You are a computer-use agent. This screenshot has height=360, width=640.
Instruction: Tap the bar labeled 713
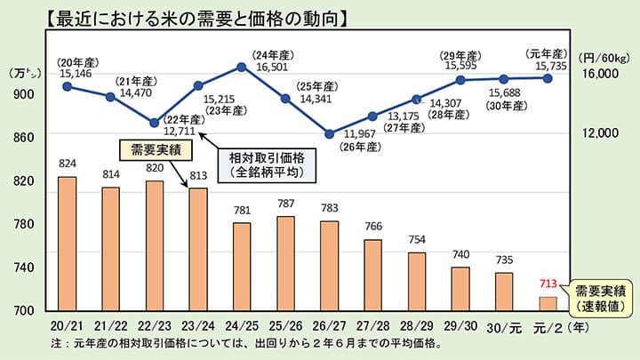click(x=548, y=303)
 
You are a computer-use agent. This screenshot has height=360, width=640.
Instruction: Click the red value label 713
click(x=548, y=285)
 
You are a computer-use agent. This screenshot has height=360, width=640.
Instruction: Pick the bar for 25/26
click(x=285, y=263)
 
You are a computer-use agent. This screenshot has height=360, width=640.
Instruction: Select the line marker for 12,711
click(x=154, y=122)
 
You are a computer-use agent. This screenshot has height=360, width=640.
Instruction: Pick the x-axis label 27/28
click(x=373, y=326)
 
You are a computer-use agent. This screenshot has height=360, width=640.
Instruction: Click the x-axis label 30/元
click(x=503, y=326)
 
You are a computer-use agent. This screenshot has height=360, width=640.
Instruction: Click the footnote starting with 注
click(x=244, y=342)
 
